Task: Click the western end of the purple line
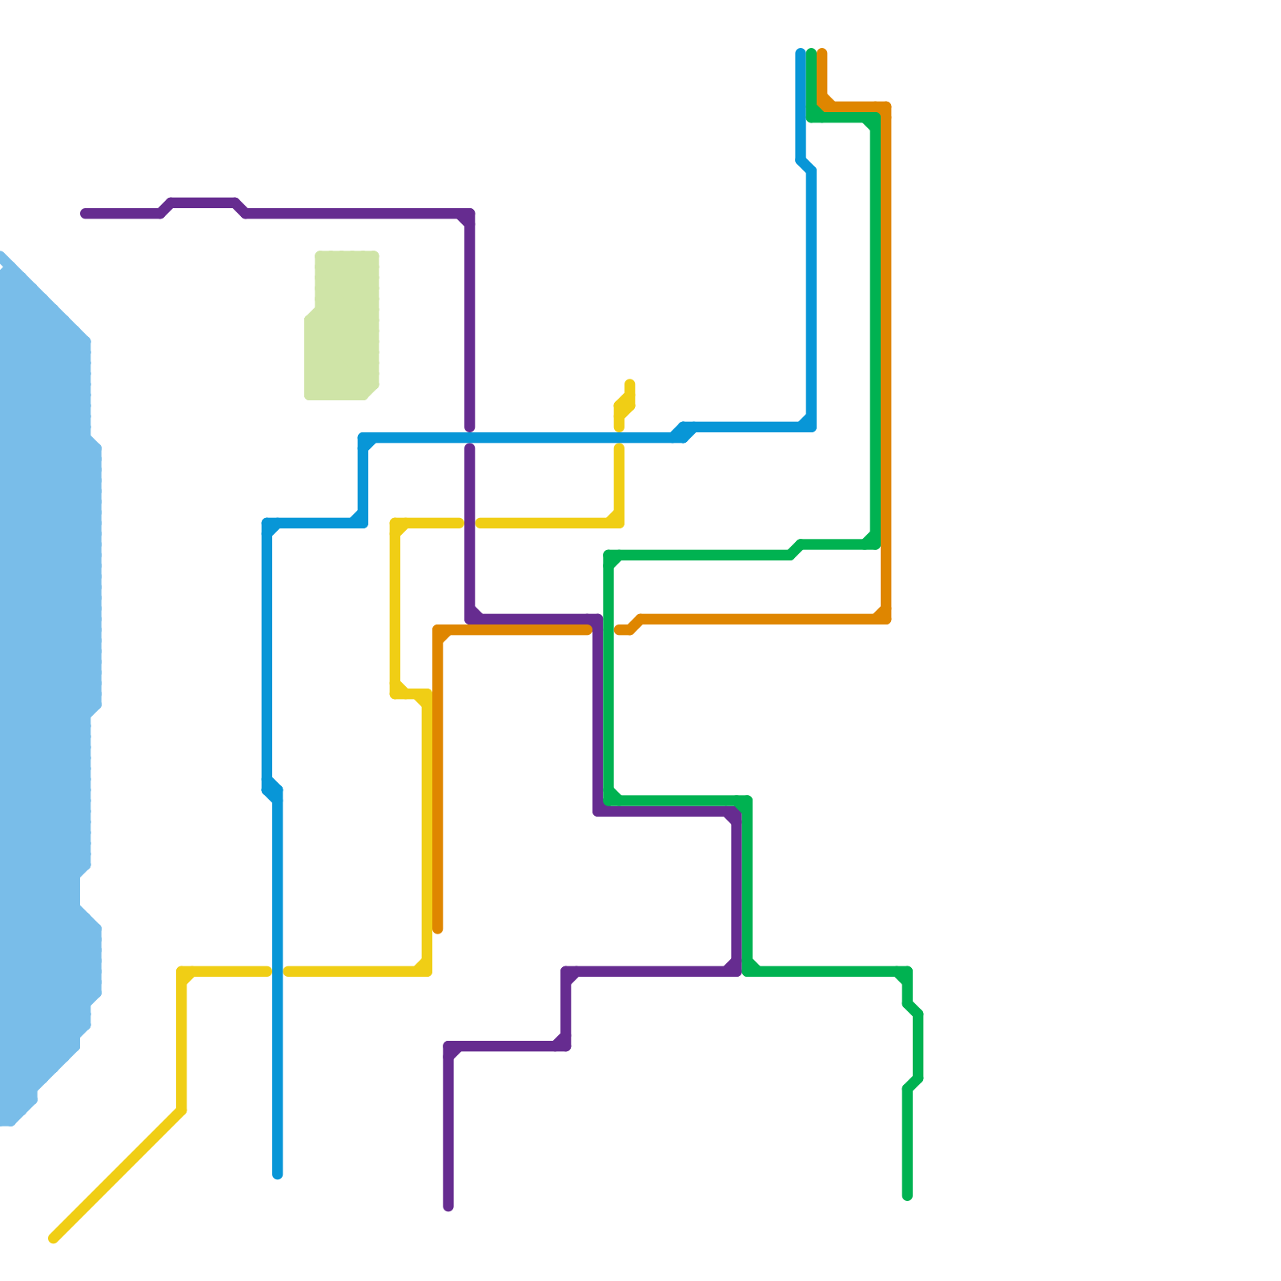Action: click(x=85, y=214)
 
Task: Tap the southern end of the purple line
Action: click(x=448, y=1206)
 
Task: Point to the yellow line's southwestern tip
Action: click(x=54, y=1239)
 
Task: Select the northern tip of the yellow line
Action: click(x=630, y=383)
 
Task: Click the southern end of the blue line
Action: click(x=277, y=1175)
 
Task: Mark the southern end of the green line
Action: click(x=907, y=1196)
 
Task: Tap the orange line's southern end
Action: click(x=438, y=929)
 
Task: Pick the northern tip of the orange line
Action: click(x=822, y=54)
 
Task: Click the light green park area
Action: click(x=343, y=328)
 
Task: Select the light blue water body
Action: click(x=44, y=681)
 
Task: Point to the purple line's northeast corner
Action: click(x=470, y=214)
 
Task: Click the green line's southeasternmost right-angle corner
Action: click(x=907, y=971)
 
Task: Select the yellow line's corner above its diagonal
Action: click(x=183, y=972)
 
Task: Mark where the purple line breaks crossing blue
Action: click(x=470, y=438)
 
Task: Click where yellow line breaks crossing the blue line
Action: click(x=278, y=972)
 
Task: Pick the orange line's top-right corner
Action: click(x=886, y=106)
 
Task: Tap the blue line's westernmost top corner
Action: click(x=267, y=524)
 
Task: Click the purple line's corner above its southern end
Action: click(x=448, y=1047)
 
